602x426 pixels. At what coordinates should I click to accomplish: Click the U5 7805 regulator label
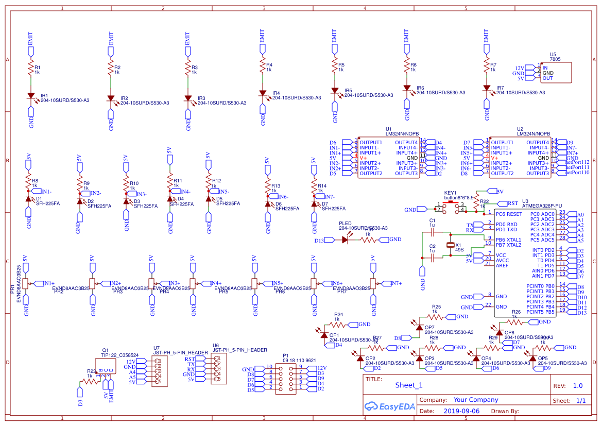point(555,57)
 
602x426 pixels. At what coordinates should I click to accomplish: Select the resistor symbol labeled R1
point(31,68)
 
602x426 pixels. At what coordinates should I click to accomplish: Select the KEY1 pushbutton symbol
point(451,207)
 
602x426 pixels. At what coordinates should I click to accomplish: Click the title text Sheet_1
point(408,385)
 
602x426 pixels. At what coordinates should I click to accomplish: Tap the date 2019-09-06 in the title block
point(461,411)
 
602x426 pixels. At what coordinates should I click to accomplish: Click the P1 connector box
point(286,379)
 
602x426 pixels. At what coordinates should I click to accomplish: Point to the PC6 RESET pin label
point(509,214)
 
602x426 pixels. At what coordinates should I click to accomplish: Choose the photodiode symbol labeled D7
point(314,203)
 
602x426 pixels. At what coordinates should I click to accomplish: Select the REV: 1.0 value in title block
point(577,385)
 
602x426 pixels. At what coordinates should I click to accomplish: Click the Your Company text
point(475,400)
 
